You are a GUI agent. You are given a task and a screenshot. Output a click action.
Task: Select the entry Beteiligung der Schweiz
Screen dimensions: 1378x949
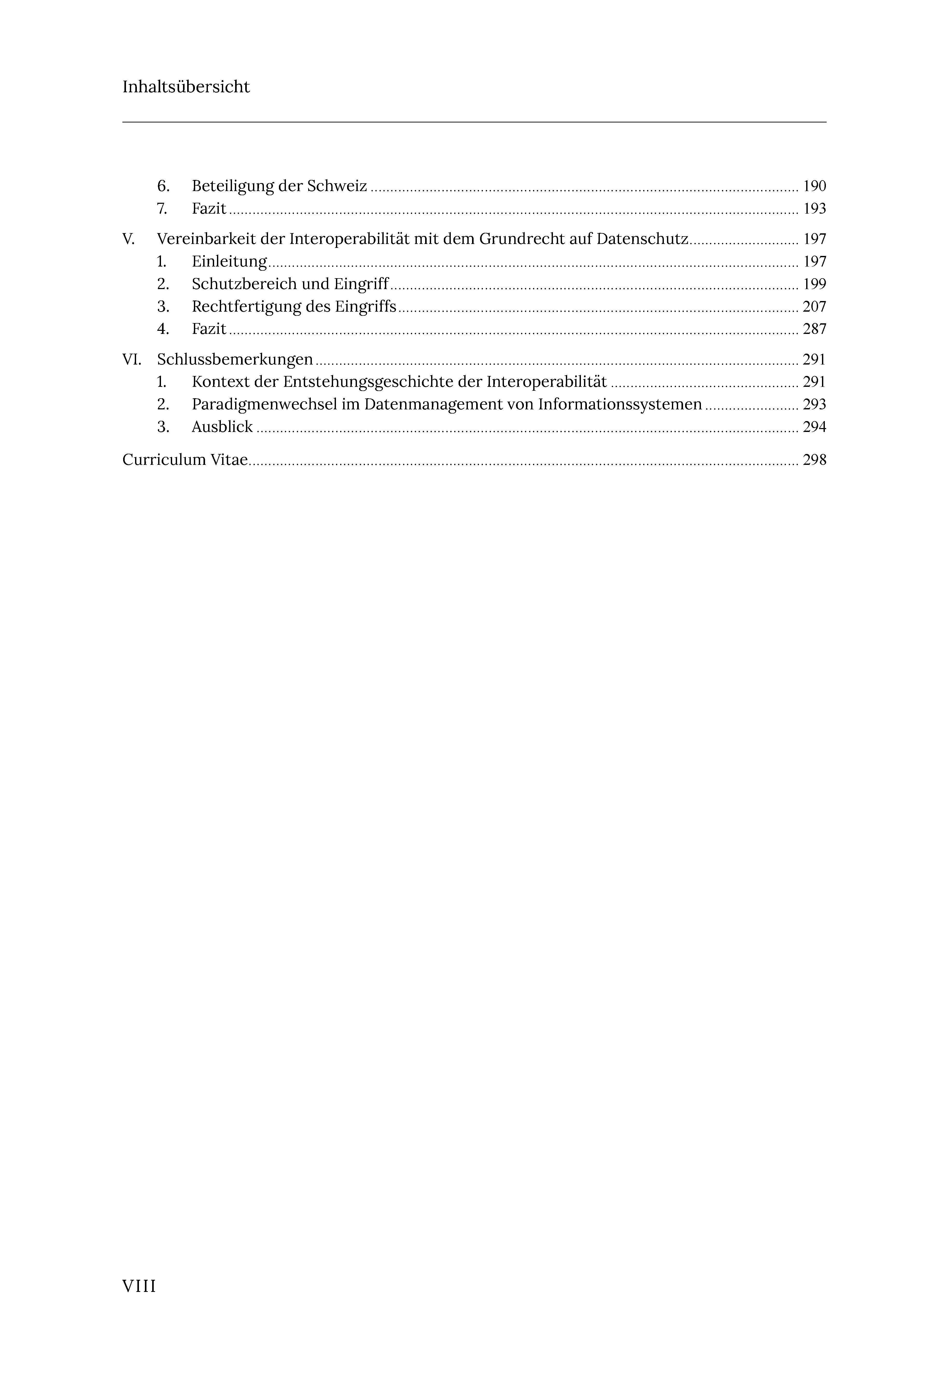[279, 186]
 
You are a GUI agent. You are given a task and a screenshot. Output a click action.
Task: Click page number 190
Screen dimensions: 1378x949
[814, 186]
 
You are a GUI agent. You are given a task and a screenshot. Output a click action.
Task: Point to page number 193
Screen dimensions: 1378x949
[814, 209]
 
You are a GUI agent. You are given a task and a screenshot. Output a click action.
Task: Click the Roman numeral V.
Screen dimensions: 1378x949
[128, 239]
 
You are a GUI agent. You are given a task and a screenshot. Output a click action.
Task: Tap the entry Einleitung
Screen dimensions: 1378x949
[229, 262]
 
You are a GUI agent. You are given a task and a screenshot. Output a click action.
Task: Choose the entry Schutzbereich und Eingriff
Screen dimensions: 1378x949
[290, 284]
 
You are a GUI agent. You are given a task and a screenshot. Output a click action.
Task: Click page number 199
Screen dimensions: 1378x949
[814, 284]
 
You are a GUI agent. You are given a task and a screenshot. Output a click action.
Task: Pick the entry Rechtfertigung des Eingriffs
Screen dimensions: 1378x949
[294, 307]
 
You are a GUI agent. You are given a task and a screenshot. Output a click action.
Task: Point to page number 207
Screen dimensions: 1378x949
[814, 307]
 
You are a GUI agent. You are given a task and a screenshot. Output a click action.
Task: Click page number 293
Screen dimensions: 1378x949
[814, 404]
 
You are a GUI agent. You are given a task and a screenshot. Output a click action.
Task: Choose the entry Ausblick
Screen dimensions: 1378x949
[222, 427]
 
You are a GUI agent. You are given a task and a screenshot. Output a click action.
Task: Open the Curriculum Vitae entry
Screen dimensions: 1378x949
[185, 460]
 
